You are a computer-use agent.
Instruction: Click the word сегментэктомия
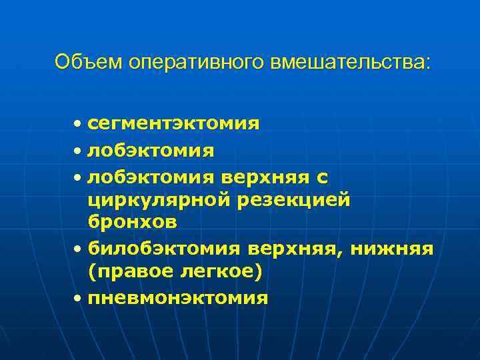pos(173,123)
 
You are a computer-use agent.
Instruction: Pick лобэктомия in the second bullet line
pos(151,151)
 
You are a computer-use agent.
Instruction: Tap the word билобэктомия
pos(165,249)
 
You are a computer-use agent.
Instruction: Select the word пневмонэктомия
pos(178,298)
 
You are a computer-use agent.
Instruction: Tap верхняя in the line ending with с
pos(265,176)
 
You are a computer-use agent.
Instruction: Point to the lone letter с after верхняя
pos(322,176)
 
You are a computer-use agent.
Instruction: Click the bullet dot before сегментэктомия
pos(79,124)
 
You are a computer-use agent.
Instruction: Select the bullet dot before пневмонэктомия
pos(79,299)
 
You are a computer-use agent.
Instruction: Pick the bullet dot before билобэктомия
pos(79,249)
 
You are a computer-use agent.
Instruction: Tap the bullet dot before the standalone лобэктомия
pos(79,152)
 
